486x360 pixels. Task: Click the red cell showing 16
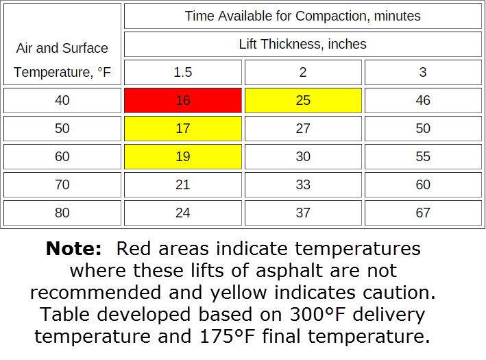coord(182,100)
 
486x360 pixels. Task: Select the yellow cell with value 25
coord(303,100)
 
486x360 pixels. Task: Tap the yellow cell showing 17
coord(182,128)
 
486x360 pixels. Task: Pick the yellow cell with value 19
coord(182,156)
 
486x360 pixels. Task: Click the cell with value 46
coord(423,100)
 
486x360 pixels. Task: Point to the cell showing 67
coord(423,213)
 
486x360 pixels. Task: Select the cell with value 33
coord(303,184)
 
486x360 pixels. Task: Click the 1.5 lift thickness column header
coord(182,72)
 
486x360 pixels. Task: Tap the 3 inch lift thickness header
coord(423,72)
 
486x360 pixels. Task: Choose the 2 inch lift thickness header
coord(303,72)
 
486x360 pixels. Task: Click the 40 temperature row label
coord(62,100)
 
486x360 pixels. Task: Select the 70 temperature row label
coord(62,184)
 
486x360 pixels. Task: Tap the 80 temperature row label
coord(62,213)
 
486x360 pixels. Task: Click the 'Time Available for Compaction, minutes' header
coord(303,16)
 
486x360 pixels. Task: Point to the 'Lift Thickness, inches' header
coord(303,45)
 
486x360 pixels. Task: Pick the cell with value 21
coord(182,184)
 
